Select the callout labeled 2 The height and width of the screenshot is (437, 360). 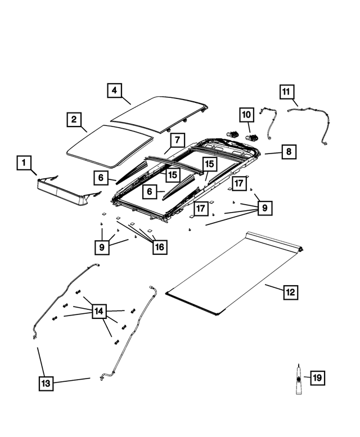coord(74,120)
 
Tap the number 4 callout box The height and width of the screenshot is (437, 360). coord(115,90)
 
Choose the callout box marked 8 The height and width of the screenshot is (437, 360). coord(288,152)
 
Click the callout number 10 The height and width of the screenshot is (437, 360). coord(247,115)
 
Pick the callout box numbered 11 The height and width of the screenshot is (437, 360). coord(286,91)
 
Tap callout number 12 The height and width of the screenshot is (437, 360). coord(290,292)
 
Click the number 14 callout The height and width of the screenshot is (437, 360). coord(99,311)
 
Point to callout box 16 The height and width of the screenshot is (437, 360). coord(160,247)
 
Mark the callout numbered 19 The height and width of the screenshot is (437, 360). coord(317,378)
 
